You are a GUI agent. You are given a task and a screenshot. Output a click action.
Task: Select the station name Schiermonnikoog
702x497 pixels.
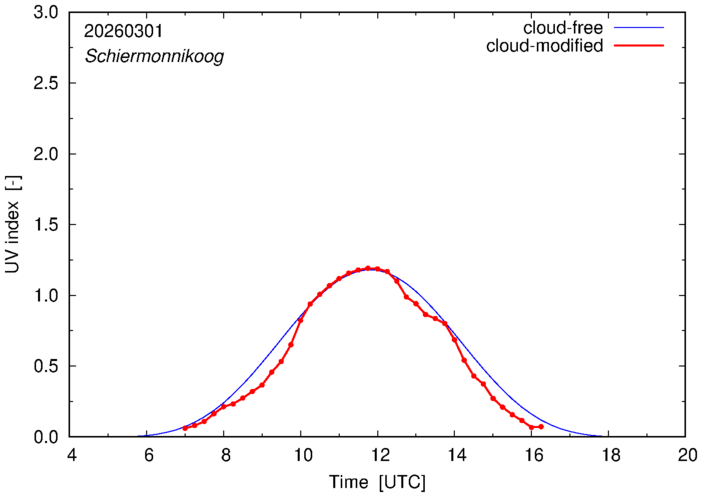click(153, 57)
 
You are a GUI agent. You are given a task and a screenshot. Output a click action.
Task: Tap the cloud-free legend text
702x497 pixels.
click(563, 27)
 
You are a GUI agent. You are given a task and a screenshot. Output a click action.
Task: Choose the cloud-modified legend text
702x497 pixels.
click(544, 46)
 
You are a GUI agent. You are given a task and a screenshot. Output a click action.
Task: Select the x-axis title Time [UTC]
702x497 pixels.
click(378, 482)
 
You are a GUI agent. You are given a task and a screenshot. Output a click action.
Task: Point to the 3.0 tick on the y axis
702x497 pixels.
click(47, 13)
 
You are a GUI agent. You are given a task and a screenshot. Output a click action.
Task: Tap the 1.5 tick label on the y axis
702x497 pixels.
click(47, 225)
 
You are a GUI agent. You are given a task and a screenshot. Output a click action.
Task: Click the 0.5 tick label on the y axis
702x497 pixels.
click(47, 366)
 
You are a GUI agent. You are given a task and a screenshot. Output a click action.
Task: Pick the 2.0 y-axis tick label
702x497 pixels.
click(47, 154)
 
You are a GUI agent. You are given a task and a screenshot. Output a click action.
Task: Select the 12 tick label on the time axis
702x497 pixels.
click(378, 455)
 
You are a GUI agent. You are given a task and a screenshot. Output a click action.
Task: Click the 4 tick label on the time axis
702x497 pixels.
click(71, 455)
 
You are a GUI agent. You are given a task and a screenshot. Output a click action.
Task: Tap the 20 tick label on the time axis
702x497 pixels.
click(685, 455)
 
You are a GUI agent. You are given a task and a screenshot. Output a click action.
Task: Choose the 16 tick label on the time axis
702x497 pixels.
click(532, 455)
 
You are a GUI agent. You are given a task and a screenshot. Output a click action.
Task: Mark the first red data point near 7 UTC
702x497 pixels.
click(185, 428)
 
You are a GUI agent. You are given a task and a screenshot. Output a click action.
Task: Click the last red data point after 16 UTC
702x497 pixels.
click(541, 427)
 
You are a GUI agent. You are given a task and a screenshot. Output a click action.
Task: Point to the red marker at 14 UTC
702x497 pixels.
click(455, 340)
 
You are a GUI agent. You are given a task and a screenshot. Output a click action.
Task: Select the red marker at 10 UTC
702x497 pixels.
click(301, 320)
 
